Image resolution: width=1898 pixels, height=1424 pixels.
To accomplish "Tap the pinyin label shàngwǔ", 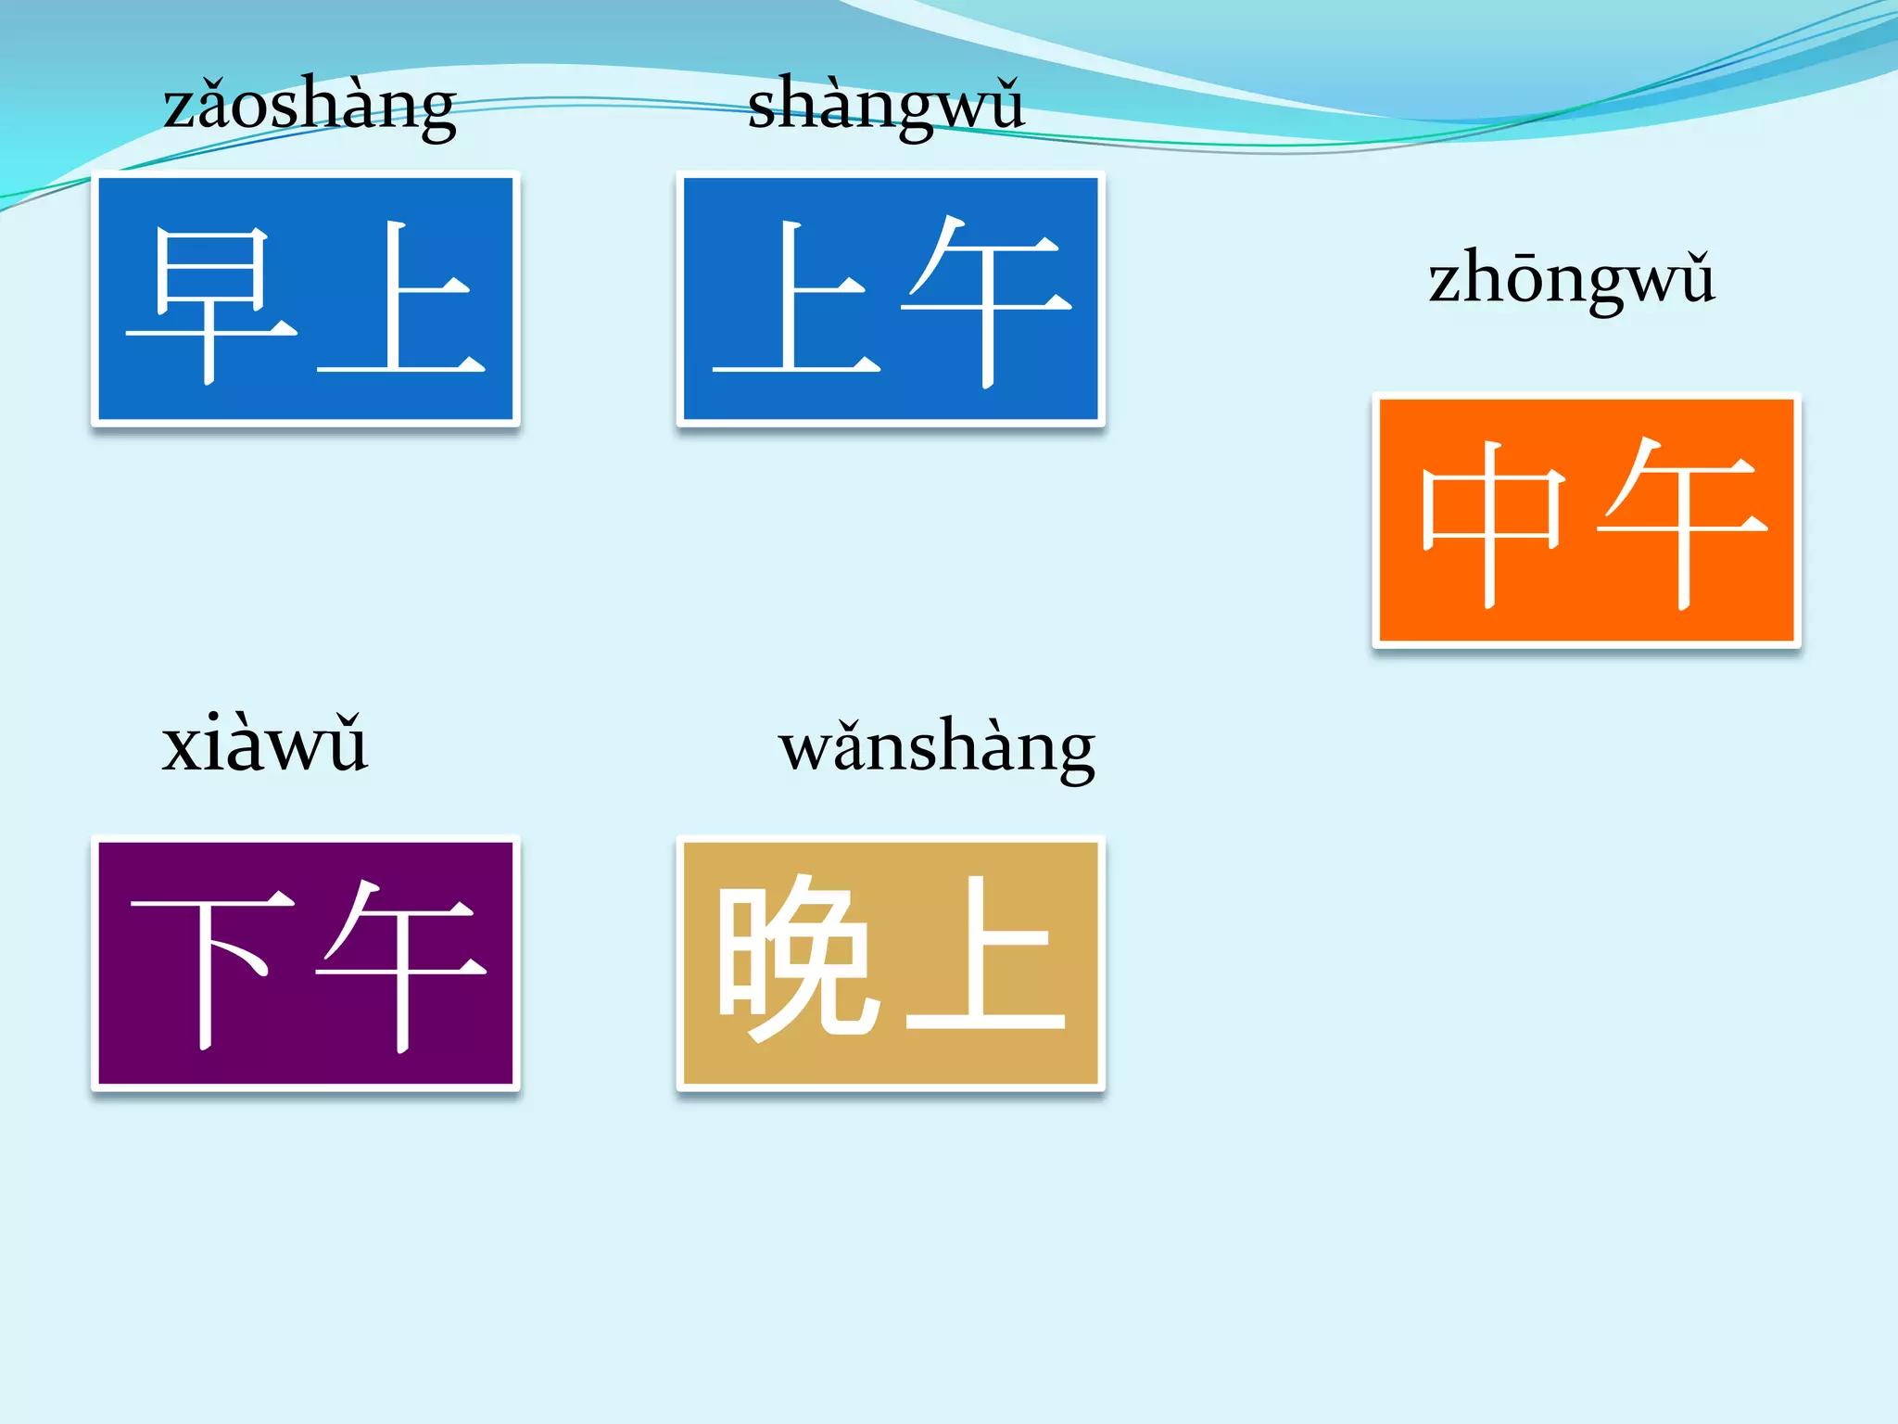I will pyautogui.click(x=886, y=105).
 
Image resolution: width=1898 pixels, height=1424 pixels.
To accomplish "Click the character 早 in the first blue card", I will pyautogui.click(x=211, y=304).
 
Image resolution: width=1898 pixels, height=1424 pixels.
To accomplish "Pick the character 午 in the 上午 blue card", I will pyautogui.click(x=988, y=301).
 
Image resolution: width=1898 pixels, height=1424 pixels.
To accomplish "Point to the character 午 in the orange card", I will pyautogui.click(x=1683, y=521).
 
